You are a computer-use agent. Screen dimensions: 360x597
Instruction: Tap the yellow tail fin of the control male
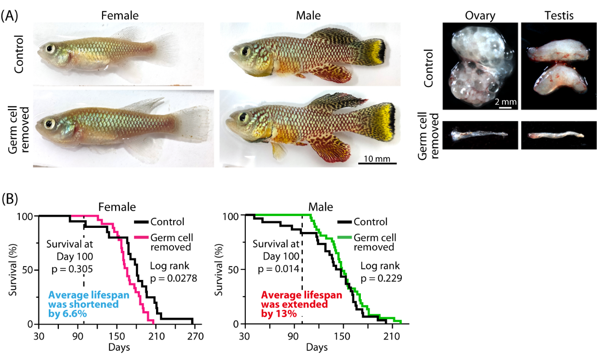click(378, 52)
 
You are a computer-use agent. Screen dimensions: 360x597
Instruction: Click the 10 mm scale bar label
click(377, 159)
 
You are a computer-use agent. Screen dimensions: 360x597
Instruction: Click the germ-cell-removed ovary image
click(480, 135)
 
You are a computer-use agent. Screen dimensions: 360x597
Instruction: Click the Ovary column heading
click(480, 16)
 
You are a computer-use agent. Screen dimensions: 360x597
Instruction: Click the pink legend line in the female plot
click(142, 238)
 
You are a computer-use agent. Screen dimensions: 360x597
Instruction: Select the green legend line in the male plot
click(345, 238)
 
